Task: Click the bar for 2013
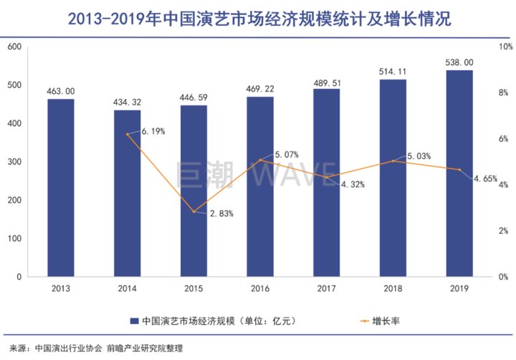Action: click(x=61, y=187)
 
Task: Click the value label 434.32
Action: click(x=128, y=102)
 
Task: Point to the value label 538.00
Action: click(x=459, y=62)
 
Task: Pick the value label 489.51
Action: click(x=326, y=82)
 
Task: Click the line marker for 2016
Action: click(x=260, y=160)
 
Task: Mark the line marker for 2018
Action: click(x=393, y=161)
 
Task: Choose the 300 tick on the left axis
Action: click(x=14, y=161)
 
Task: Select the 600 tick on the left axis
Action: click(x=14, y=47)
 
